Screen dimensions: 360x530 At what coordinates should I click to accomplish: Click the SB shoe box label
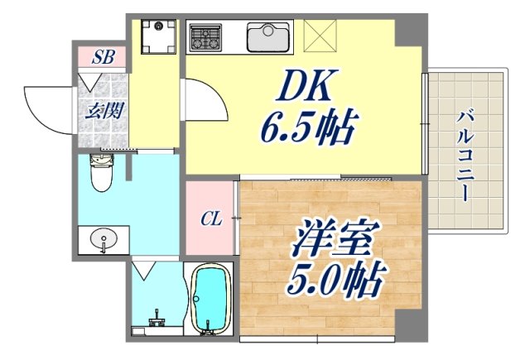tap(103, 58)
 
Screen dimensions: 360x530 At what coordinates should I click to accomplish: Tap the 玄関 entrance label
tap(103, 110)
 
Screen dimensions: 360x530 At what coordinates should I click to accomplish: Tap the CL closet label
tap(212, 219)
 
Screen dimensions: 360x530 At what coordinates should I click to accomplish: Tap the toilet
tap(101, 175)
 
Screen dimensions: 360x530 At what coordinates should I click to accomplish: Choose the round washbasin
tap(103, 241)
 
